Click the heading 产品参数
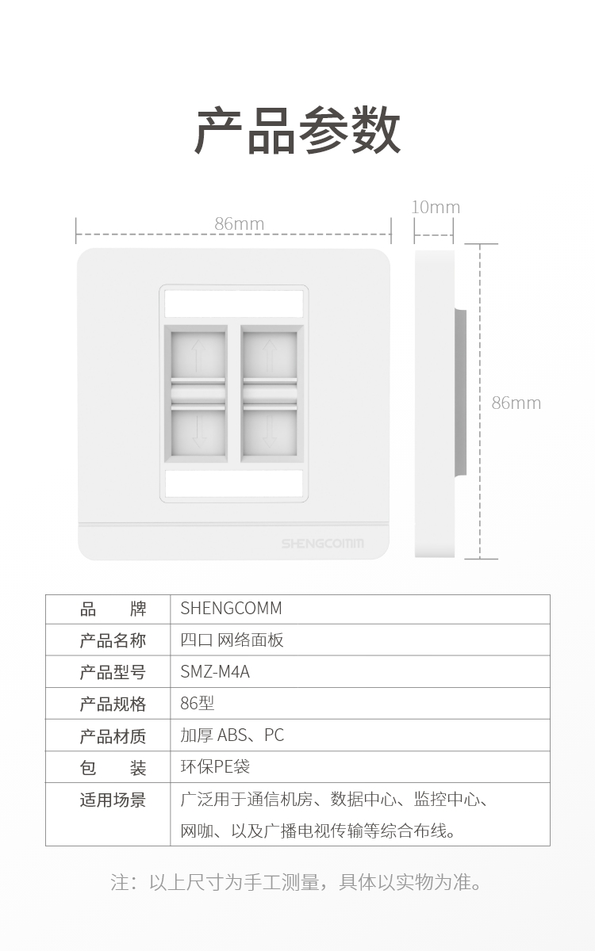[297, 130]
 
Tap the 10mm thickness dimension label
[436, 207]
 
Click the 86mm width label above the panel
[240, 223]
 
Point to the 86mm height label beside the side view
[516, 403]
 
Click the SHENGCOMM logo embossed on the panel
[323, 544]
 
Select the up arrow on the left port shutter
[198, 357]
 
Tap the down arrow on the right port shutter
[270, 431]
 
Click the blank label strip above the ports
[234, 304]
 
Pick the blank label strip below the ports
[234, 483]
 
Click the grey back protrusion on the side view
[461, 392]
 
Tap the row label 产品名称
[113, 640]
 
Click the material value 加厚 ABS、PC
[232, 735]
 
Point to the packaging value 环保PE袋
[215, 767]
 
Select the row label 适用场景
[113, 800]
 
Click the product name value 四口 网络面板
[232, 640]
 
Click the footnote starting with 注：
[296, 882]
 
